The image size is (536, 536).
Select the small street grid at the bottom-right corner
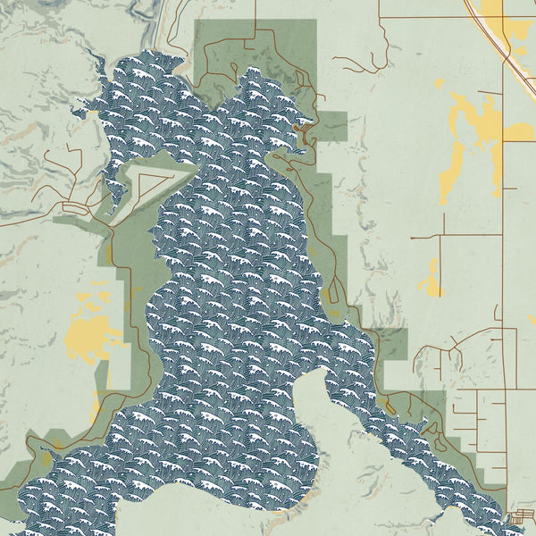coord(523,516)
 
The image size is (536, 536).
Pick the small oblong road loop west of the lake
coord(75,208)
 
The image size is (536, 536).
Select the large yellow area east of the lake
coord(473,134)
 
